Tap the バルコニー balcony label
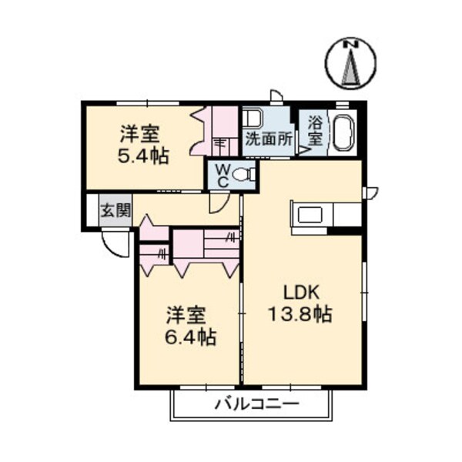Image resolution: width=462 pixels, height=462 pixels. coord(253,403)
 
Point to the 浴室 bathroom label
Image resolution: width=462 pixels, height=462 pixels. coord(316,130)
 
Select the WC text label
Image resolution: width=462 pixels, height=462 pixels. coord(221,175)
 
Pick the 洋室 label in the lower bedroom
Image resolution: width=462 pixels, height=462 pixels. coord(187,315)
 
